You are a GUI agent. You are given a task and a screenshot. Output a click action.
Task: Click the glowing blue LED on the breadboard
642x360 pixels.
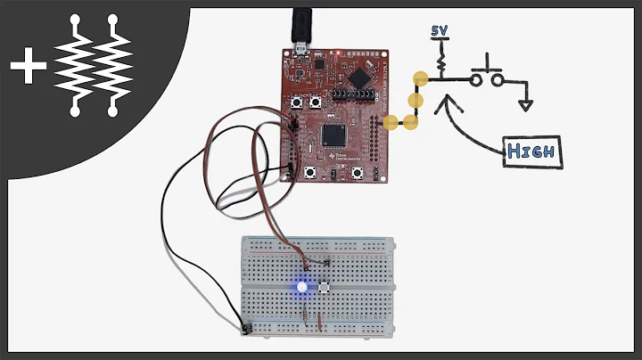[301, 287]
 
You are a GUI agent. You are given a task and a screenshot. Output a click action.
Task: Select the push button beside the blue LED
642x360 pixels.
[325, 288]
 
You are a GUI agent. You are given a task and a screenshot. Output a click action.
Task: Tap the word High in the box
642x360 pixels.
[531, 151]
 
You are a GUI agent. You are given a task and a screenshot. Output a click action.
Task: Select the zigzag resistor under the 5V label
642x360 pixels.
[440, 61]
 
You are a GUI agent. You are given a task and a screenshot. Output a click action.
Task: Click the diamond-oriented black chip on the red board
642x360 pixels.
[360, 77]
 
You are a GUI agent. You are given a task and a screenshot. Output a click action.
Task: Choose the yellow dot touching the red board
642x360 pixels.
[390, 122]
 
